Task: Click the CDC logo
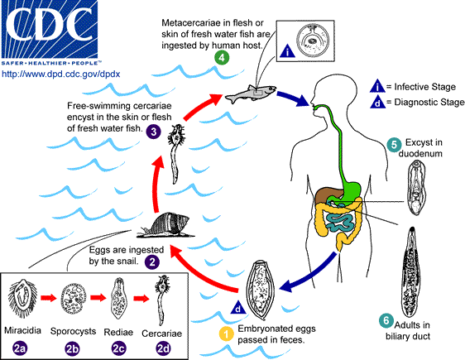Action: point(51,28)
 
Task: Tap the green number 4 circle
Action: point(221,57)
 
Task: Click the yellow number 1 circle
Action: point(224,334)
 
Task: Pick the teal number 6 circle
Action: point(386,320)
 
